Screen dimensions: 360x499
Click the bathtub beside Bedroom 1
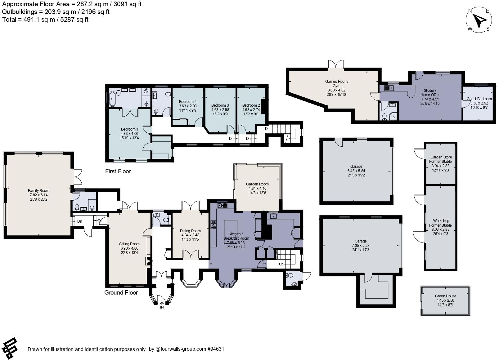[112, 98]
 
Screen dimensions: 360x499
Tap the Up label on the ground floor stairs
[281, 264]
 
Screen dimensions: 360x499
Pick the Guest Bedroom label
[479, 99]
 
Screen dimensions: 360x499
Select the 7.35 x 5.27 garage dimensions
[360, 245]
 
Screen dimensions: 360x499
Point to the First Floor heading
[118, 171]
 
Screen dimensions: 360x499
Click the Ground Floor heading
[121, 292]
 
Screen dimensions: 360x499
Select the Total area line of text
[45, 20]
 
